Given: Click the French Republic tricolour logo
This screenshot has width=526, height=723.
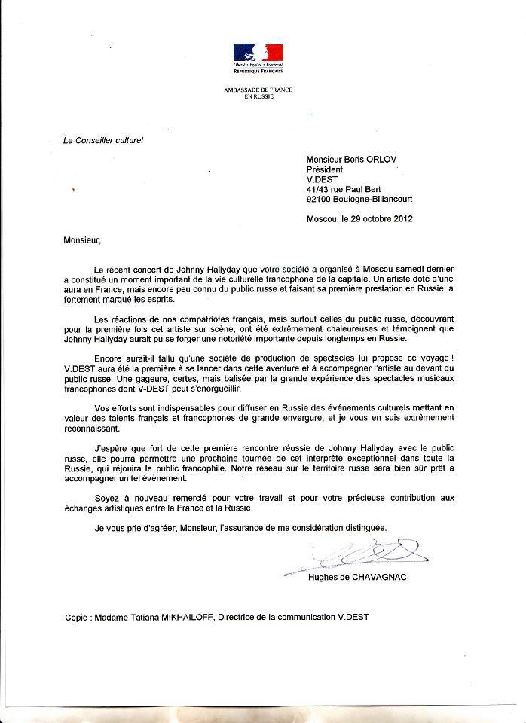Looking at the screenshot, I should point(258,54).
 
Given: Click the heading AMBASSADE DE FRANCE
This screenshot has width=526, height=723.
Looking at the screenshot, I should point(258,90).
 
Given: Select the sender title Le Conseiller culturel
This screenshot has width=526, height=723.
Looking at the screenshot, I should point(92,140).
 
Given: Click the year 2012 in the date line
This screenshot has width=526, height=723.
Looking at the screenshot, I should point(400,219).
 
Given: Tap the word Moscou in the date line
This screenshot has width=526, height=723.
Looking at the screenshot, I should point(322,219).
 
